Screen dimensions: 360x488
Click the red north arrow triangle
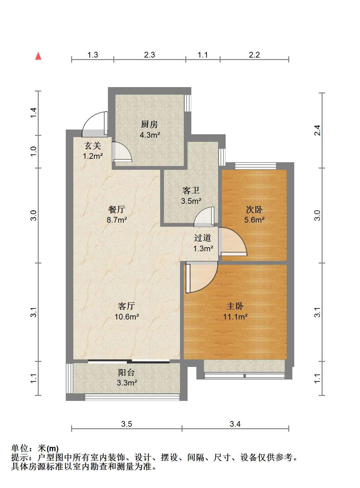pyautogui.click(x=38, y=56)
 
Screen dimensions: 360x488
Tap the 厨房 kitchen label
pyautogui.click(x=149, y=125)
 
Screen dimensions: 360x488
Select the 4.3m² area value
pyautogui.click(x=150, y=135)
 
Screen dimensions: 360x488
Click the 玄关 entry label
pyautogui.click(x=93, y=146)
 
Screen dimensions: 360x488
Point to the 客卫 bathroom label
pyautogui.click(x=191, y=191)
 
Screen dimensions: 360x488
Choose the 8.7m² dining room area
pyautogui.click(x=117, y=220)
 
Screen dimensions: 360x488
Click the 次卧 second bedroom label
pyautogui.click(x=254, y=209)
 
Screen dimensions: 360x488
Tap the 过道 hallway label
pyautogui.click(x=203, y=238)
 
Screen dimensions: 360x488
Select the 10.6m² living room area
pyautogui.click(x=127, y=317)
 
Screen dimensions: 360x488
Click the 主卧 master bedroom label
pyautogui.click(x=235, y=306)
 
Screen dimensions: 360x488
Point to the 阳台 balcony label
pyautogui.click(x=127, y=372)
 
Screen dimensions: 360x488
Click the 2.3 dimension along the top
pyautogui.click(x=149, y=55)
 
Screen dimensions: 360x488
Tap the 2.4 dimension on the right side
pyautogui.click(x=318, y=130)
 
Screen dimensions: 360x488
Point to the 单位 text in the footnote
pyautogui.click(x=20, y=448)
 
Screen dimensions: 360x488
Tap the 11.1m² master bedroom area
pyautogui.click(x=235, y=317)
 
